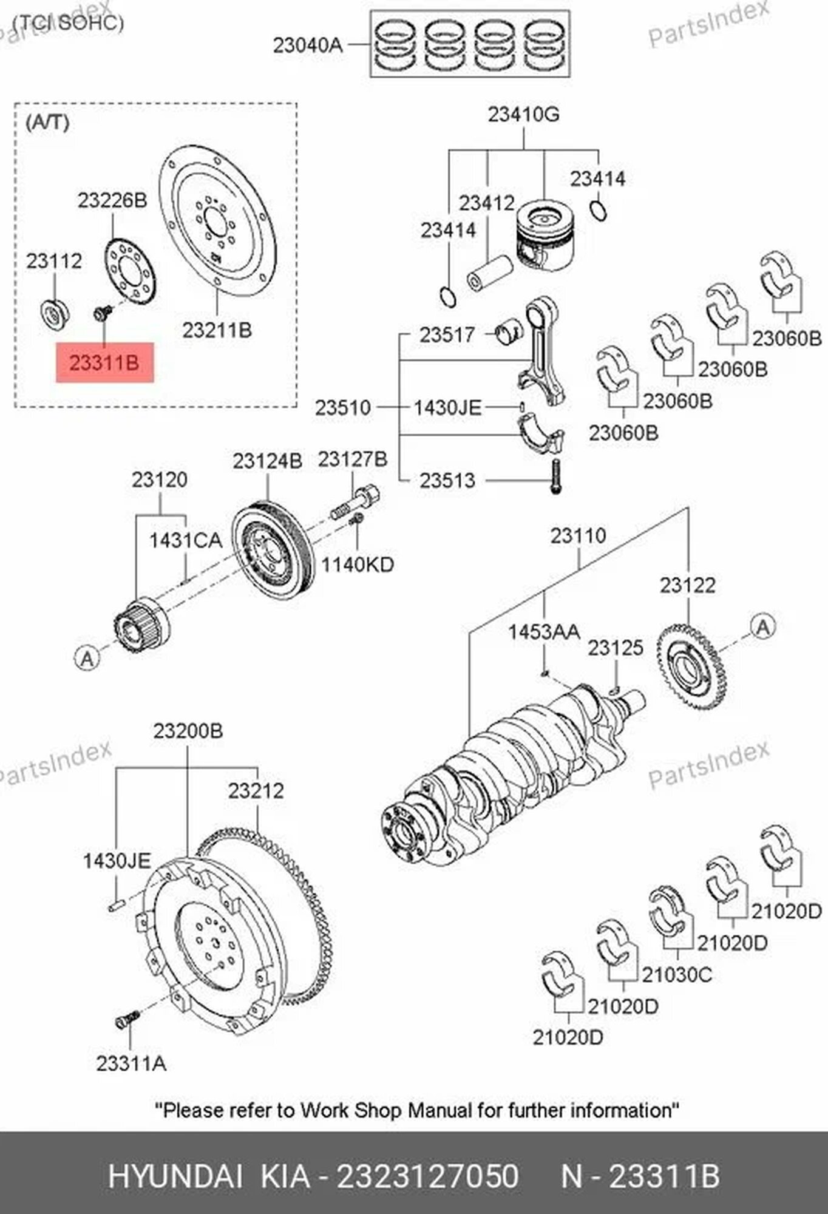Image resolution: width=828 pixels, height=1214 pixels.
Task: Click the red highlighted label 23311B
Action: click(x=104, y=363)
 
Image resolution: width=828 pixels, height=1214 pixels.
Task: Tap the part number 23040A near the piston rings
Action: click(x=307, y=45)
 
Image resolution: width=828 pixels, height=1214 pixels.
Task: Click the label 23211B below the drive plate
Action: click(x=217, y=330)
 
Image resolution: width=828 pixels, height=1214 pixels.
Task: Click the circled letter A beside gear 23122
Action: click(x=762, y=626)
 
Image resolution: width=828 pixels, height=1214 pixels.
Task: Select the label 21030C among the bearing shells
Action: click(x=677, y=974)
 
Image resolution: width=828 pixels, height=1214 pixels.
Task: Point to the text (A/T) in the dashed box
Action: click(x=47, y=123)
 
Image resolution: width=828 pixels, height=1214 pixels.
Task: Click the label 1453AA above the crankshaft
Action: click(x=544, y=632)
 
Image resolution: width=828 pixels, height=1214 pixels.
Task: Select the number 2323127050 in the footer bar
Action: click(x=427, y=1176)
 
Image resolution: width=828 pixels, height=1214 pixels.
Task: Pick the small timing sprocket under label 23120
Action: click(x=141, y=625)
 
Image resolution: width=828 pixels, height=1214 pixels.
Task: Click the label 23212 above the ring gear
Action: click(x=256, y=790)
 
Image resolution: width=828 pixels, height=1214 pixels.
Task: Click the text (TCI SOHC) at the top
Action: click(x=68, y=23)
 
